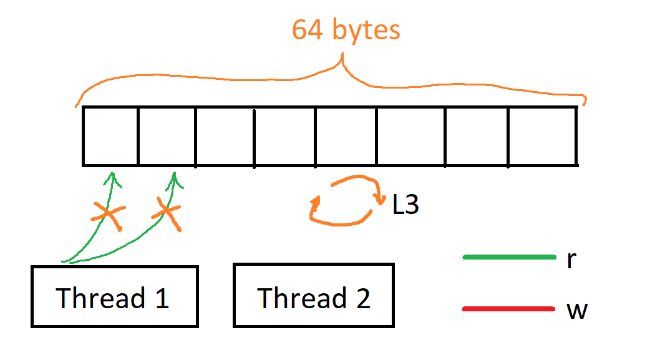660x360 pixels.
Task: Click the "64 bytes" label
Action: click(x=346, y=30)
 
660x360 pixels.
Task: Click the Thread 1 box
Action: click(x=114, y=297)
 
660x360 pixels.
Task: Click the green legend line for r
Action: click(x=509, y=256)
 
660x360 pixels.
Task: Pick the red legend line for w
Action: click(x=509, y=309)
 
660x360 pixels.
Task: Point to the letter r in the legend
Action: click(x=571, y=260)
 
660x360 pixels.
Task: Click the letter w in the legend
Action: click(x=577, y=310)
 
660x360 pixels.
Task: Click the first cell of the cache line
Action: click(x=110, y=136)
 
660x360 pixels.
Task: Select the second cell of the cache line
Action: click(x=167, y=136)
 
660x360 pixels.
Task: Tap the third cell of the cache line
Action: click(x=225, y=136)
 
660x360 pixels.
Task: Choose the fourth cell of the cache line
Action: click(x=284, y=136)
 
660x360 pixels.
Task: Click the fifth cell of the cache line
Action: click(x=346, y=136)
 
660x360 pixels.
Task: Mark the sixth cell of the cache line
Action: click(x=410, y=136)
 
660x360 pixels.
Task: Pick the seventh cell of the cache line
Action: click(x=477, y=136)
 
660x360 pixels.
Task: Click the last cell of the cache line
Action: click(x=542, y=136)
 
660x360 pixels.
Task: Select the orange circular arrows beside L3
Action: click(x=345, y=201)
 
